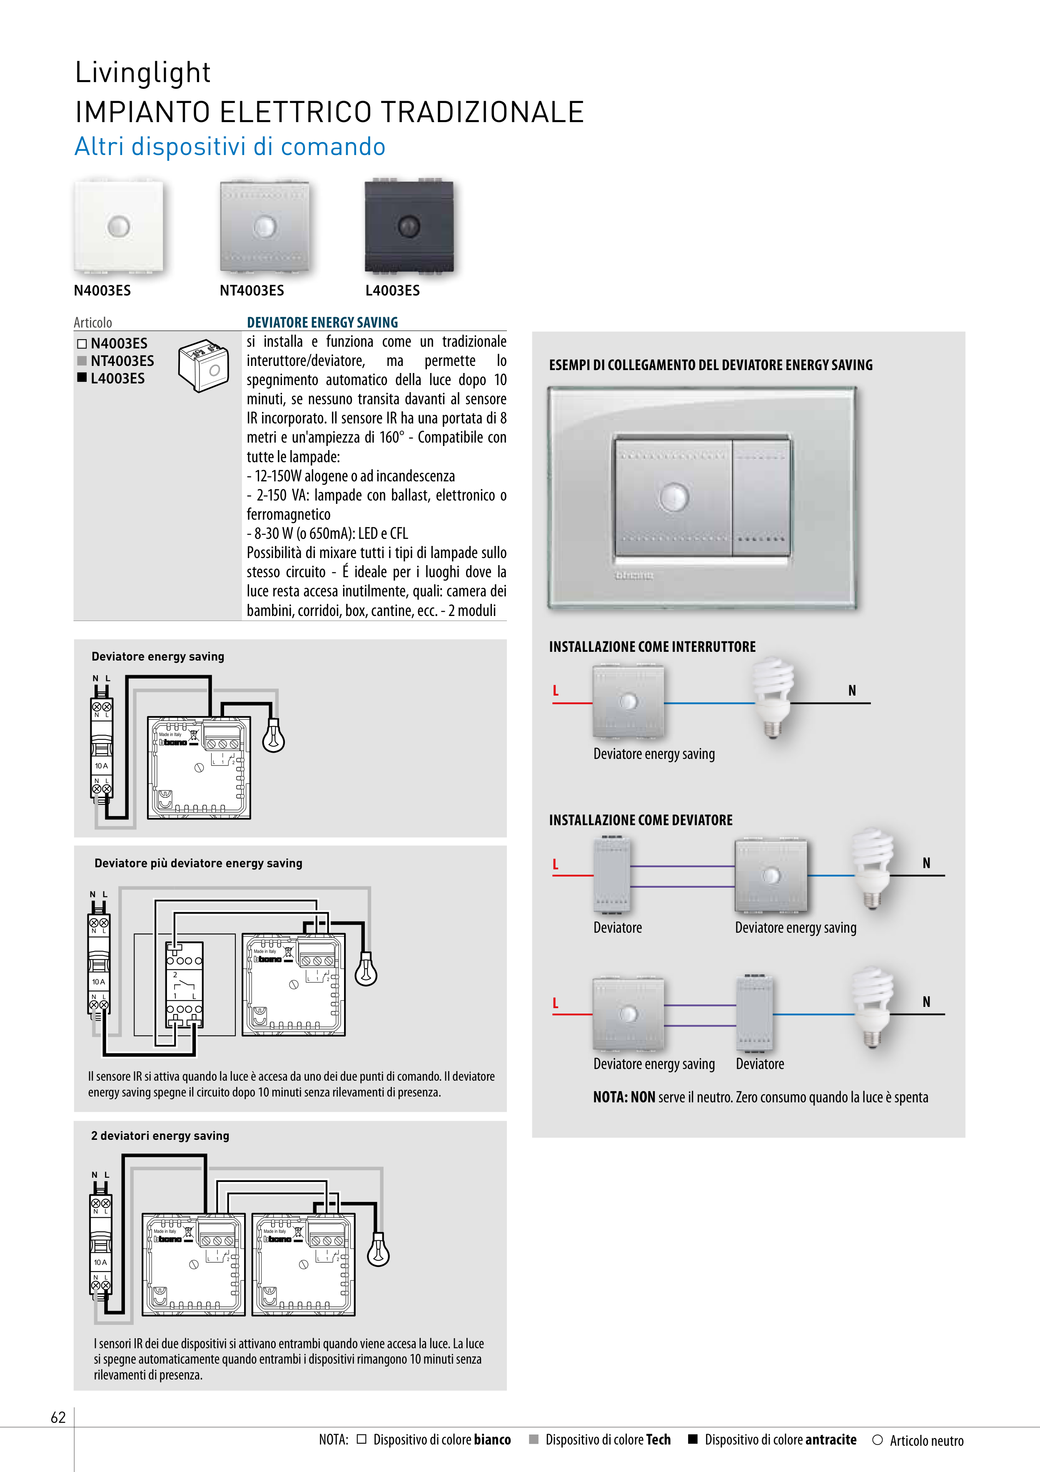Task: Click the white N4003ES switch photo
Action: click(119, 226)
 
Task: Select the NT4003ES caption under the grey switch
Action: click(252, 290)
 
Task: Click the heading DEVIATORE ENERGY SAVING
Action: click(322, 323)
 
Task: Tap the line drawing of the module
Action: click(203, 365)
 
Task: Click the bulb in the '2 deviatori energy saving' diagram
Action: click(378, 1251)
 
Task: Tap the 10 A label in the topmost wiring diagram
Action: click(101, 766)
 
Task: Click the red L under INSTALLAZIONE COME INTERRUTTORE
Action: click(556, 691)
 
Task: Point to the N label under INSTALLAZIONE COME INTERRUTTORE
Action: click(852, 691)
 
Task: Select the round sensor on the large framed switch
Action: click(673, 496)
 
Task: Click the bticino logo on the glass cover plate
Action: click(634, 575)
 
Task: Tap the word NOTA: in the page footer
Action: click(333, 1440)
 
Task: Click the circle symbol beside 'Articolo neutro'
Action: click(877, 1440)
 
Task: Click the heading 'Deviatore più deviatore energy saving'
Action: click(198, 863)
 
